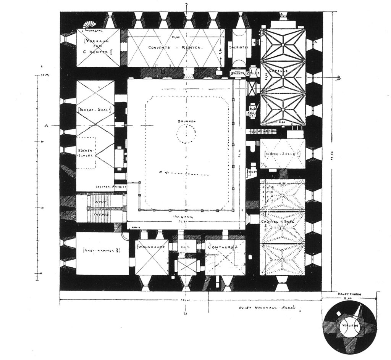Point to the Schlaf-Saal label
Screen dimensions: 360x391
95,110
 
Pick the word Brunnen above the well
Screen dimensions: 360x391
186,121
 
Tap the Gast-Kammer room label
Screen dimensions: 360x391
102,250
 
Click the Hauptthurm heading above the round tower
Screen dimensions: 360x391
349,294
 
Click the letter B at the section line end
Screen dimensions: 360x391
338,79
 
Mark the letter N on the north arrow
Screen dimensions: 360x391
162,172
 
